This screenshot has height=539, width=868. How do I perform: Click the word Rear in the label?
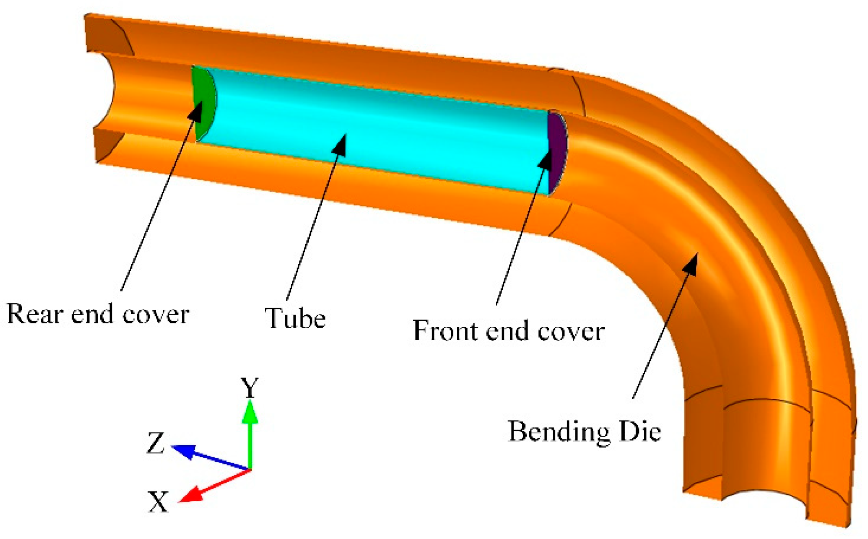35,314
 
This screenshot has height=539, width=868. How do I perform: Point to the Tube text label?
295,318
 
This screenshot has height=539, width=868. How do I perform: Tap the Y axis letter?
250,388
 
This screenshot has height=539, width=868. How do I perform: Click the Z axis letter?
155,443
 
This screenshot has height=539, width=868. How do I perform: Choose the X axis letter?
158,502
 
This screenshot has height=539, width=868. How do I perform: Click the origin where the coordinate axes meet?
250,470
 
